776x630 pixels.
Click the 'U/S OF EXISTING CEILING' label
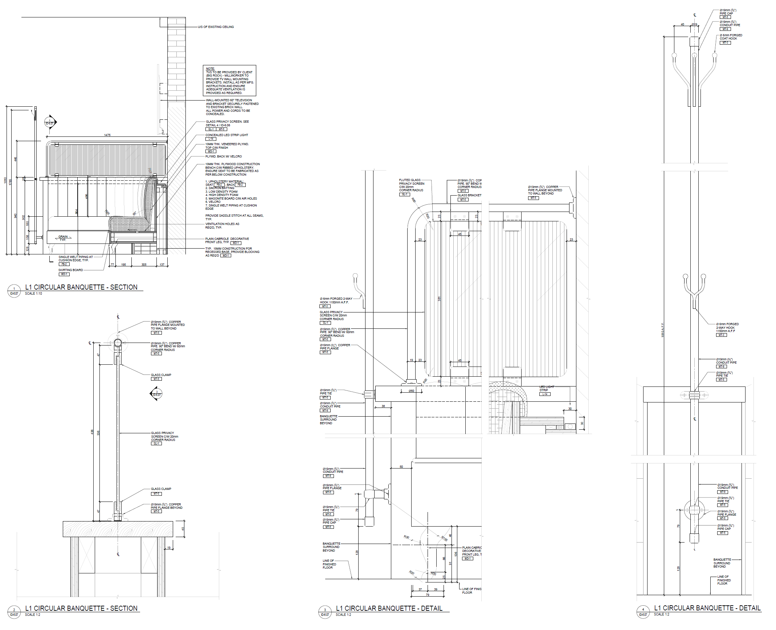coord(216,27)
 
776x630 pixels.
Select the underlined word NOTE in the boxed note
coord(210,69)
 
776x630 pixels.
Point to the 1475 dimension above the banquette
coord(107,135)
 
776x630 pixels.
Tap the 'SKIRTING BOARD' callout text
coord(70,270)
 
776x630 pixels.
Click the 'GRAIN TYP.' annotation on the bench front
coord(63,238)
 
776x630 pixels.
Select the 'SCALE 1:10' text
coord(33,294)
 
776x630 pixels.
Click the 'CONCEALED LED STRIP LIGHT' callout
coord(226,135)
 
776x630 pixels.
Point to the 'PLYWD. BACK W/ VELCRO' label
coord(223,156)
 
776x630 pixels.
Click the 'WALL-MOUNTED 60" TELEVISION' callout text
coord(229,100)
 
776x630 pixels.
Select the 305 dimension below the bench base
coord(144,265)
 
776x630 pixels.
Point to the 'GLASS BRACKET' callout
coord(469,195)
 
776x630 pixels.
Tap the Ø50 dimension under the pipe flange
coord(411,391)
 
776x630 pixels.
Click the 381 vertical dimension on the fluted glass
coord(439,299)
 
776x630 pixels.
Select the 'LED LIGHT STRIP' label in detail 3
coord(546,388)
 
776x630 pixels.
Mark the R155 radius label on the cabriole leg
coord(445,539)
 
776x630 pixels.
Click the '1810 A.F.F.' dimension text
coord(662,330)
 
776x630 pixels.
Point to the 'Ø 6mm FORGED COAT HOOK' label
coord(731,37)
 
